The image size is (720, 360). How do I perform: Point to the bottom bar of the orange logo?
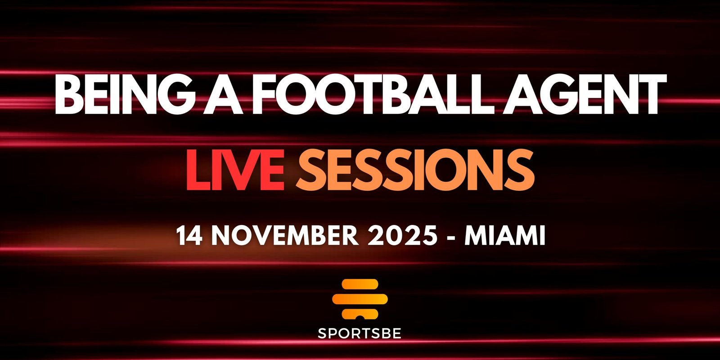360,312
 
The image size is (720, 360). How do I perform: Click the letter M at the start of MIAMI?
474,235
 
